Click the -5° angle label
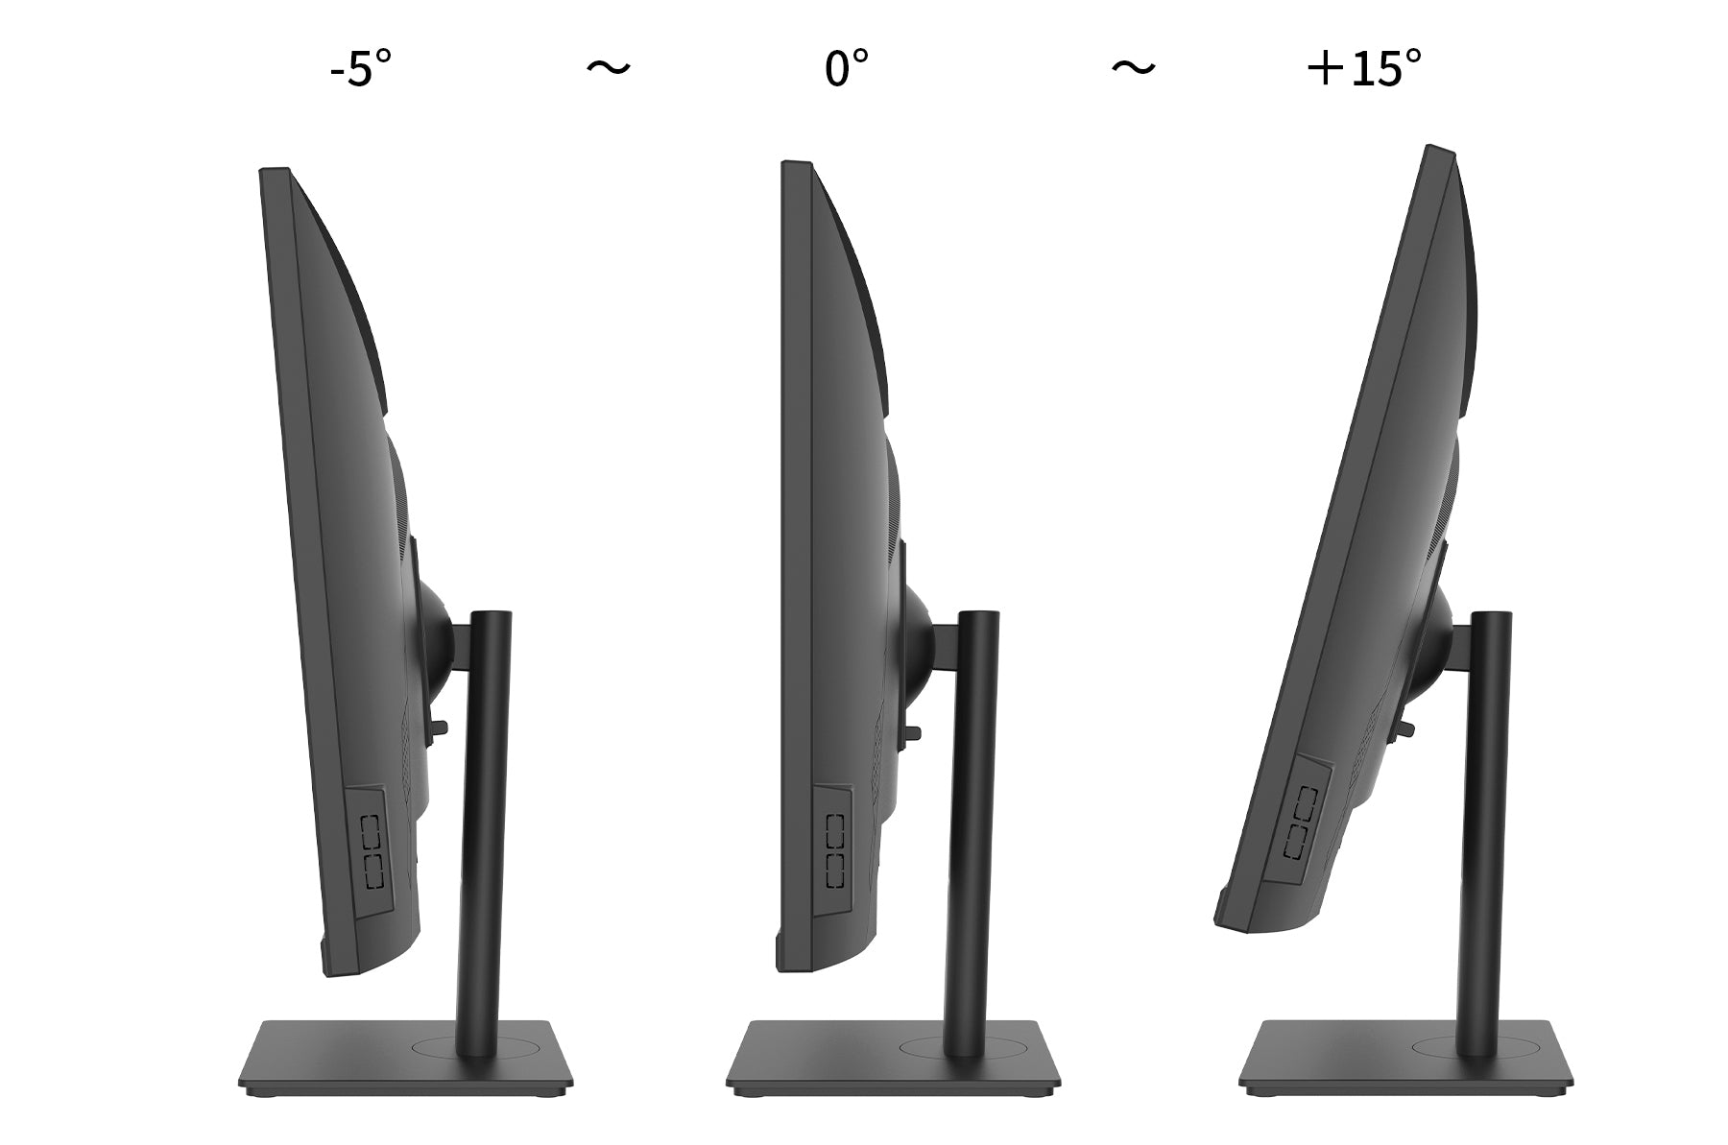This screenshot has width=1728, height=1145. pos(360,68)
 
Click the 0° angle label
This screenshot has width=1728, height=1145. pos(846,68)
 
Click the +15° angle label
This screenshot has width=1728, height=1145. pos(1364,68)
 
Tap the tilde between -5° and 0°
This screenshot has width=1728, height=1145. pos(609,67)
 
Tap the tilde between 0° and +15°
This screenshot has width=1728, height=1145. pos(1134,67)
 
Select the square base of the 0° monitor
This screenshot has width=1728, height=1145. pos(893,1057)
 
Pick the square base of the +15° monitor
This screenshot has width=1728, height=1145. pos(1404,1057)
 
